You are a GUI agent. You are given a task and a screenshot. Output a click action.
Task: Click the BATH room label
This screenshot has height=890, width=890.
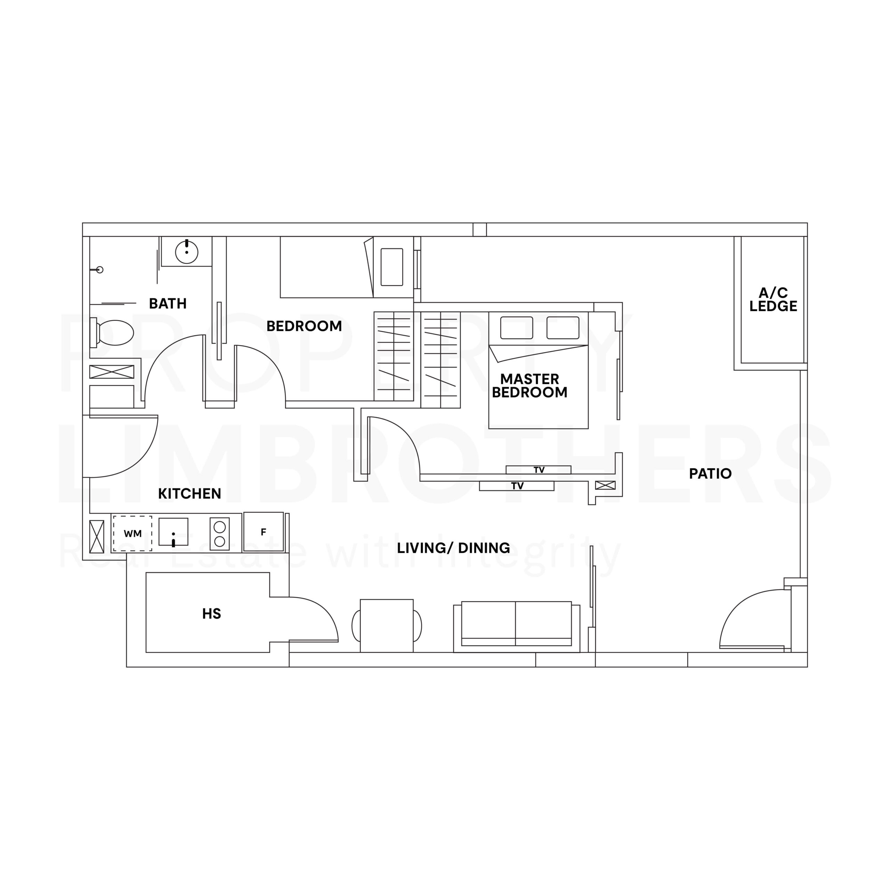tap(168, 304)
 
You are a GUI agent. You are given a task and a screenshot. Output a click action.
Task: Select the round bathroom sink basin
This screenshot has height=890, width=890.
tap(187, 252)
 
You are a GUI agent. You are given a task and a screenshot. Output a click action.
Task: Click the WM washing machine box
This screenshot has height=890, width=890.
tap(133, 533)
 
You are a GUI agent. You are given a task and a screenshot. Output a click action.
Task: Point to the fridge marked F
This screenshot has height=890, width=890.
tap(264, 532)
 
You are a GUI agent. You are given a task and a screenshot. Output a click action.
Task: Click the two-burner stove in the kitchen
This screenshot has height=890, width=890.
tap(220, 533)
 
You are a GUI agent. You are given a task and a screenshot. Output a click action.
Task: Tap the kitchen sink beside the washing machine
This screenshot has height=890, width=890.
tap(173, 532)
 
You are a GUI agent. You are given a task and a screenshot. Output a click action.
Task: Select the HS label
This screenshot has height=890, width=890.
tap(211, 614)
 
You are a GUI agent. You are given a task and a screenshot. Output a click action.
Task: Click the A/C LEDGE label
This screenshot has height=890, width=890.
tap(773, 299)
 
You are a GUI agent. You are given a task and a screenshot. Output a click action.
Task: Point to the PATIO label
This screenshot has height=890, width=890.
tap(710, 474)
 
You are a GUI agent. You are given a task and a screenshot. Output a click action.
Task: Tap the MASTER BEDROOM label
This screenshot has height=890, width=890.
tap(529, 386)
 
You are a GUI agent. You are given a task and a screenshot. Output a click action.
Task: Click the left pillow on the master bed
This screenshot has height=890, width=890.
tap(516, 327)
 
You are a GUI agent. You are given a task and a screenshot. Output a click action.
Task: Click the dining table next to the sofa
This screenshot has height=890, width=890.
tap(387, 625)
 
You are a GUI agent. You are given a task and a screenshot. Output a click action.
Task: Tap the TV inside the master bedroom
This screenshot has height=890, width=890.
tap(539, 470)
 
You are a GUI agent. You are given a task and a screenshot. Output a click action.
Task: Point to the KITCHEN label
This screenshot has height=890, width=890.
tap(189, 494)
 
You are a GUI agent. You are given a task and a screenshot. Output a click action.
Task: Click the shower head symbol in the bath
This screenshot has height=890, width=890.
tap(99, 269)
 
